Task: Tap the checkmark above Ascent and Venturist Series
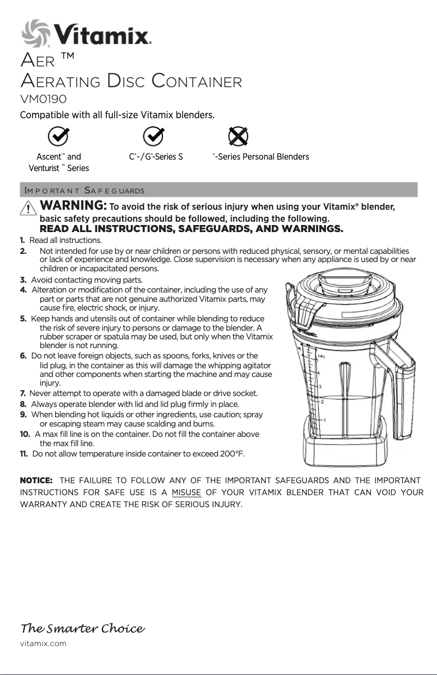click(59, 136)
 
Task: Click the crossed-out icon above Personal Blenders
click(238, 136)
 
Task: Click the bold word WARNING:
click(74, 206)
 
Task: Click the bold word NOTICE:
click(36, 480)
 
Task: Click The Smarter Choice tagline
click(82, 629)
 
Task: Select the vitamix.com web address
click(43, 643)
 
